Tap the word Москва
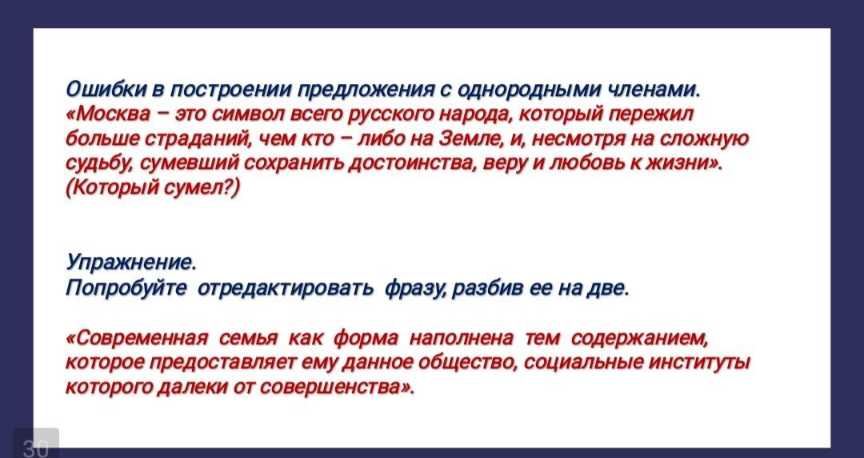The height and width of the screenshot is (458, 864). coord(113,114)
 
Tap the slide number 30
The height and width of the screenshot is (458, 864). coord(35,448)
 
